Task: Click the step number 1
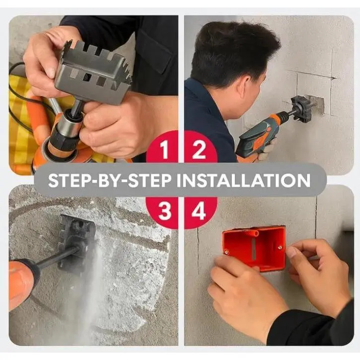click(164, 149)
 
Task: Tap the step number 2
click(199, 150)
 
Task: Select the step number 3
click(165, 212)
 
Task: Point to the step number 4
click(199, 211)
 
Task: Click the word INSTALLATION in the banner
click(243, 180)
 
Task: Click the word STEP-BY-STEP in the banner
click(110, 180)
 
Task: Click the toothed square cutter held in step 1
click(92, 71)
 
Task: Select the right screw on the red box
click(280, 247)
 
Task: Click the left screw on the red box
click(227, 252)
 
